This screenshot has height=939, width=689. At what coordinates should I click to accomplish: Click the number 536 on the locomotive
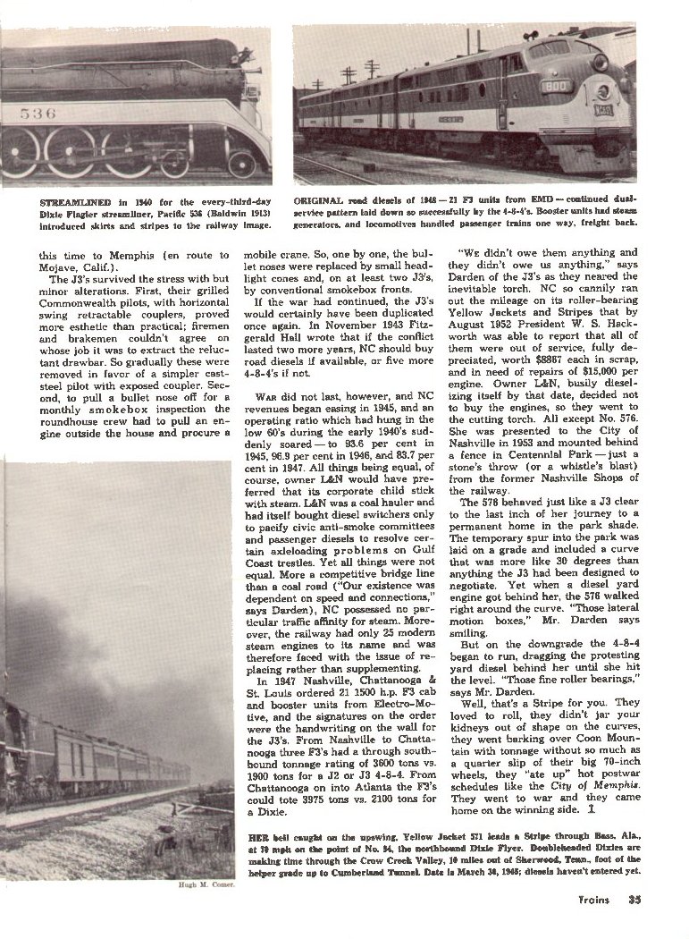38,113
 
